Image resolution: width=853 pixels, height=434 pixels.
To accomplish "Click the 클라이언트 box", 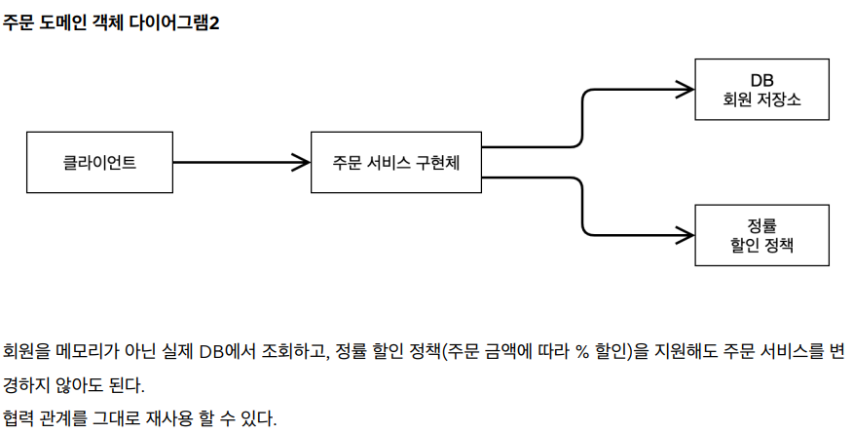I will [99, 162].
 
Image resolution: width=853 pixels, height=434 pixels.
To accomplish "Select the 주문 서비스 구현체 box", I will [395, 162].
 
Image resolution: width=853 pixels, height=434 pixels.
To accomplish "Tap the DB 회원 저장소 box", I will [761, 89].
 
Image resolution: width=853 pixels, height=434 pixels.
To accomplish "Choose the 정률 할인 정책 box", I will [761, 235].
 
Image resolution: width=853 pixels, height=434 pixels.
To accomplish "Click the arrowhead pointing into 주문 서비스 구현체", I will [302, 162].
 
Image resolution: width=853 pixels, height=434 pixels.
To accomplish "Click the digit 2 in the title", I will [214, 23].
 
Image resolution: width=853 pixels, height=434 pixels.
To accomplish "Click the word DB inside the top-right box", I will [761, 79].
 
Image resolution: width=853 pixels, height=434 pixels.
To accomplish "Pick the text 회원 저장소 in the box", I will [761, 99].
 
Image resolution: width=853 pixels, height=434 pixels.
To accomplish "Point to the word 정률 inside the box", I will [761, 225].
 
